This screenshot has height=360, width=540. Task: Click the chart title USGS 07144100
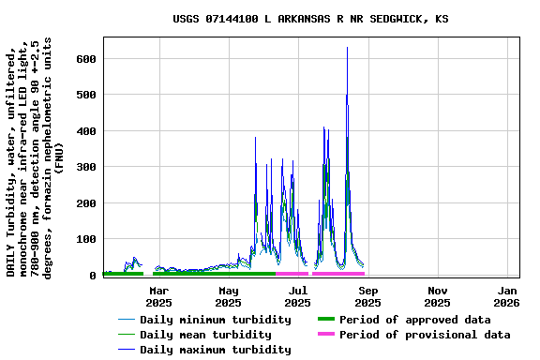[x=310, y=19]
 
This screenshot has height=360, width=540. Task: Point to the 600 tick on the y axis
[x=86, y=59]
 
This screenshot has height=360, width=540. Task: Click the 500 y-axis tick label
[x=86, y=95]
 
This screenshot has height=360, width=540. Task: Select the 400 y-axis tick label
[x=86, y=131]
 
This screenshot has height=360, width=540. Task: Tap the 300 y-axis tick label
[x=86, y=167]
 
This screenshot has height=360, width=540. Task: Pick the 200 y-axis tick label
[x=86, y=203]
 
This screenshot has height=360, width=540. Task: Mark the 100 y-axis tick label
[x=86, y=239]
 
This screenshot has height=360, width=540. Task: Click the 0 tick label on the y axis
[x=93, y=276]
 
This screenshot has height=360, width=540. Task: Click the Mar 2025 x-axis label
[x=158, y=296]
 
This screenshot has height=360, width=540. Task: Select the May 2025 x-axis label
[x=228, y=296]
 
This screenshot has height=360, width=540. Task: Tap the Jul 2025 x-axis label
[x=297, y=296]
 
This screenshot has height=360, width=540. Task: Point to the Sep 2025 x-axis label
[x=367, y=296]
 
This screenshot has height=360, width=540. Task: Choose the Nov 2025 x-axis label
[x=437, y=296]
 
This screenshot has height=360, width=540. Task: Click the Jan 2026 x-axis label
[x=506, y=296]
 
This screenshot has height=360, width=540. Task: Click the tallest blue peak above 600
[x=347, y=49]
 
